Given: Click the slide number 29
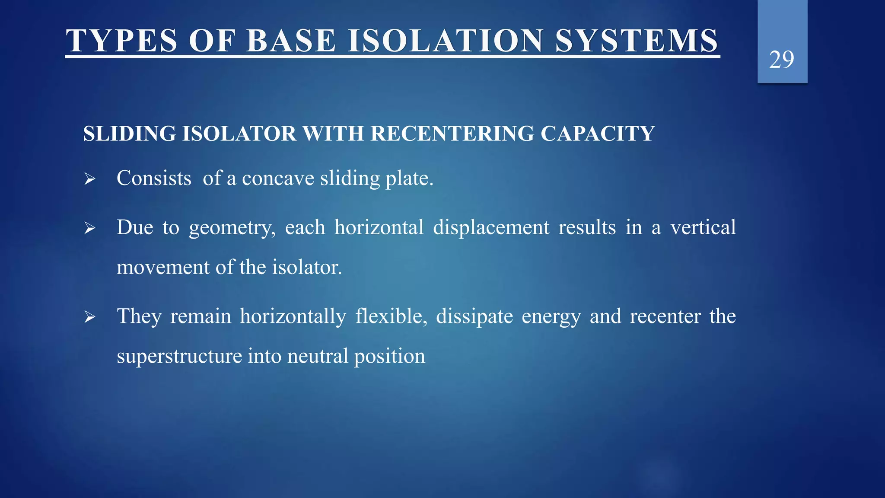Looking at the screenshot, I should point(781,60).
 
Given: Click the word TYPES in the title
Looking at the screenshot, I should point(121,41).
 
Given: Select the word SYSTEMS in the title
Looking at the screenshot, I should point(637,41).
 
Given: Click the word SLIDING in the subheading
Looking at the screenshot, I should point(129,134).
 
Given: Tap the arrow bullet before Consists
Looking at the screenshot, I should point(89,179).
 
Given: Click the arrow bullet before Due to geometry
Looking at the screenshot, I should point(89,228).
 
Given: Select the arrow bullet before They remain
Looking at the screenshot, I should point(89,317).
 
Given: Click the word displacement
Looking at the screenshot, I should point(491,228).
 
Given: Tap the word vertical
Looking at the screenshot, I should point(703,227).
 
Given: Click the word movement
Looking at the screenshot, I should point(163,268).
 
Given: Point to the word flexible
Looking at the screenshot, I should point(391,316).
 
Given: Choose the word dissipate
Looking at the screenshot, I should point(474,317).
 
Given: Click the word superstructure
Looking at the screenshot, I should point(179,357).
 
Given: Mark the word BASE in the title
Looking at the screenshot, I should point(291,41).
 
